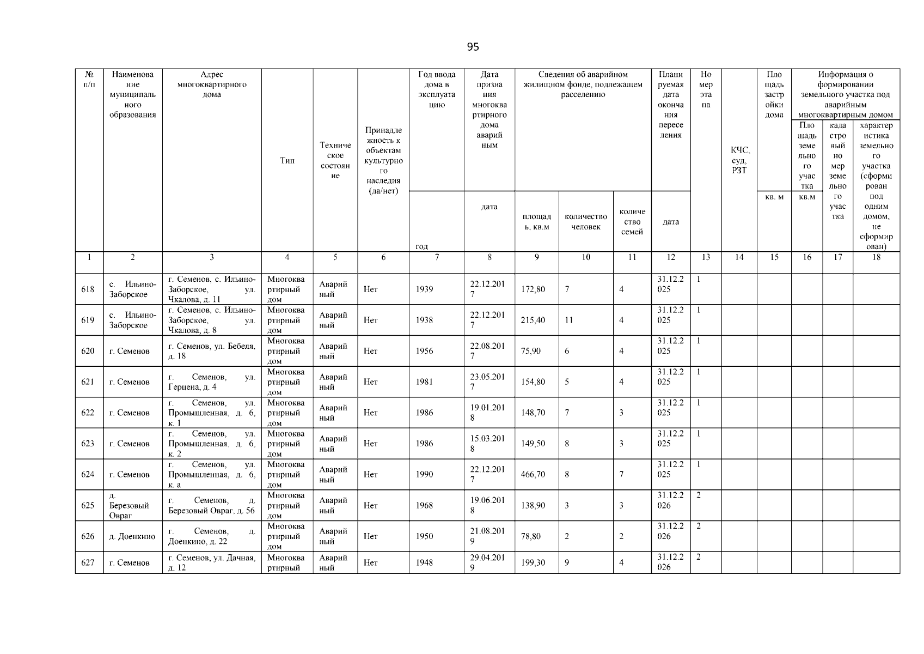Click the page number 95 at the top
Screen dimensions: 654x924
click(x=473, y=47)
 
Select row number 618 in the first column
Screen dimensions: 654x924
click(x=88, y=289)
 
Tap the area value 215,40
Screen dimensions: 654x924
click(x=533, y=320)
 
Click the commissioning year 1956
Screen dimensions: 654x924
click(x=424, y=351)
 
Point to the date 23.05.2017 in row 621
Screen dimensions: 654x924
click(x=488, y=381)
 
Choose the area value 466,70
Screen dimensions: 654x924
click(x=533, y=475)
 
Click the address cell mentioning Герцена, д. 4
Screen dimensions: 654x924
click(x=211, y=382)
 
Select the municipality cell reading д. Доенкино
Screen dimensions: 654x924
click(x=132, y=536)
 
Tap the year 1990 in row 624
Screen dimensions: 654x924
click(x=424, y=475)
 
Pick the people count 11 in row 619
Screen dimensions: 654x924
click(x=568, y=320)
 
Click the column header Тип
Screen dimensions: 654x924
click(x=287, y=160)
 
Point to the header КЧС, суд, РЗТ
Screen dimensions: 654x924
click(x=739, y=160)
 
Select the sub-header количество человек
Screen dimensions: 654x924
click(x=586, y=222)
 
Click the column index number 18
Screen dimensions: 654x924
click(x=876, y=257)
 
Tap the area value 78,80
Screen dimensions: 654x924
click(x=531, y=536)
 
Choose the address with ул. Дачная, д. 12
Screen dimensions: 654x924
click(x=211, y=562)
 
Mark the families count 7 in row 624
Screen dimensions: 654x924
click(x=621, y=475)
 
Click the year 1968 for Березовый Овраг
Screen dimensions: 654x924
click(x=424, y=506)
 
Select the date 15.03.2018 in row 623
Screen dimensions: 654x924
click(x=488, y=444)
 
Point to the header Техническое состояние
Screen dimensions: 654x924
click(x=335, y=160)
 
